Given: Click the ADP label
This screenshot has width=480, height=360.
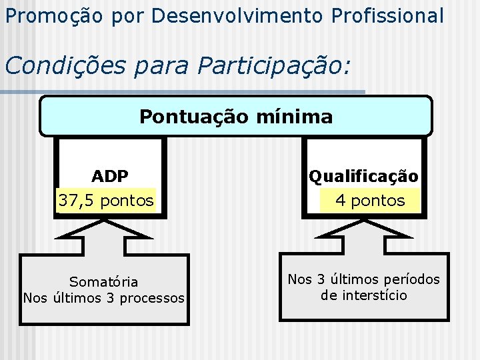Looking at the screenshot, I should pyautogui.click(x=110, y=176).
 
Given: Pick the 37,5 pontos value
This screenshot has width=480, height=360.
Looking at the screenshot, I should pyautogui.click(x=106, y=200).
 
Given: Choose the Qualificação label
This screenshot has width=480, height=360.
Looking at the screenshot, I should pyautogui.click(x=363, y=177).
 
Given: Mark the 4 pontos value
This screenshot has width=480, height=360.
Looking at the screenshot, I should pyautogui.click(x=370, y=200).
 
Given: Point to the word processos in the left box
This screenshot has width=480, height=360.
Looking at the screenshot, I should pyautogui.click(x=153, y=298).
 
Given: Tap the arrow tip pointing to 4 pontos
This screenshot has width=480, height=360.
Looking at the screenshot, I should pyautogui.click(x=364, y=221).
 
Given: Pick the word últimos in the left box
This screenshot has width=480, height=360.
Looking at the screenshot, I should pyautogui.click(x=75, y=298).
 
